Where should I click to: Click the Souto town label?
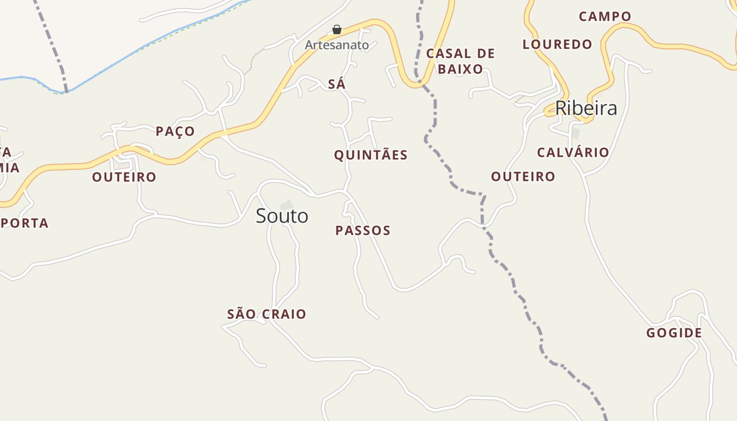282,216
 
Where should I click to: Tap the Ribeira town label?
585,108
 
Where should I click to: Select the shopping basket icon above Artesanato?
337,29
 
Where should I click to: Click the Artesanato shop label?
337,45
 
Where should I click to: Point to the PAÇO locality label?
175,131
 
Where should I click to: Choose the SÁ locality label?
336,84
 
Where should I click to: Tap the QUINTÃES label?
371,155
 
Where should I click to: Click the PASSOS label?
363,230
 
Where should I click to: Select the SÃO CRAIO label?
266,314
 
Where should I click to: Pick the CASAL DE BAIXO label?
461,61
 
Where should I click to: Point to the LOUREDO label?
557,44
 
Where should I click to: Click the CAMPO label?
605,16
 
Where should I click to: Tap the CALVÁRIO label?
573,153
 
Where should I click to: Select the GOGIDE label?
674,333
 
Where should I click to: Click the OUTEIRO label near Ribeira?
523,176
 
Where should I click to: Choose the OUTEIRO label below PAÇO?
124,177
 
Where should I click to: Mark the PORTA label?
25,223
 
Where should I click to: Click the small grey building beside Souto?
287,204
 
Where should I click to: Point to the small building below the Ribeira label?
575,133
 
